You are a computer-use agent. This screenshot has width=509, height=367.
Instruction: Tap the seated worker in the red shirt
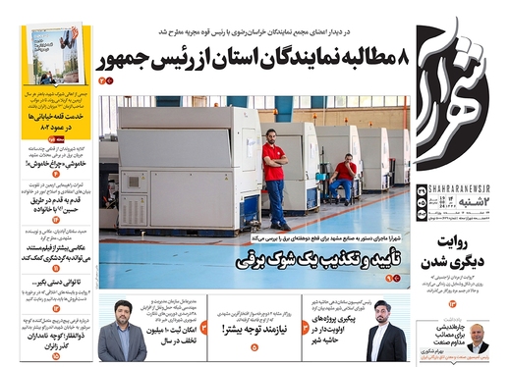[x=344, y=178]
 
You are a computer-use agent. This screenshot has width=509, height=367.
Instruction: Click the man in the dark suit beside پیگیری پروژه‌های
[x=385, y=339]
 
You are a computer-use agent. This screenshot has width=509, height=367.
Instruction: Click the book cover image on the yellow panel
[x=55, y=54]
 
